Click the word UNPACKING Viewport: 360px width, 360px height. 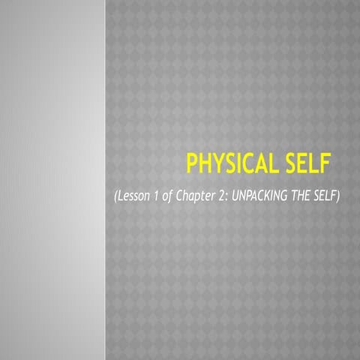257,196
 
